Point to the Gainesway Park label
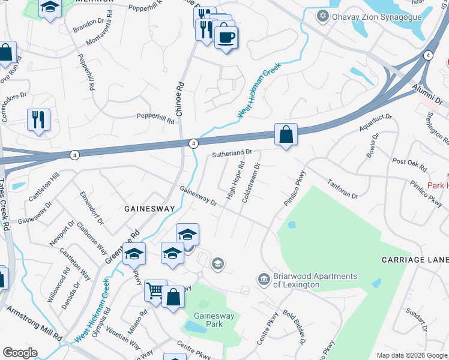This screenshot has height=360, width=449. (208, 320)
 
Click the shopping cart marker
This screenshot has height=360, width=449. (155, 291)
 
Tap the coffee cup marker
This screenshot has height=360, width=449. (226, 38)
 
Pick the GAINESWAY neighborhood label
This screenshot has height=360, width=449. (149, 209)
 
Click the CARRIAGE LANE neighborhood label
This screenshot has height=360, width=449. (415, 260)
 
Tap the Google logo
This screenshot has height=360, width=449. (20, 352)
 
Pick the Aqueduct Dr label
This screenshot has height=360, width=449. (375, 122)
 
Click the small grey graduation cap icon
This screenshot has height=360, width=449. (218, 263)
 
